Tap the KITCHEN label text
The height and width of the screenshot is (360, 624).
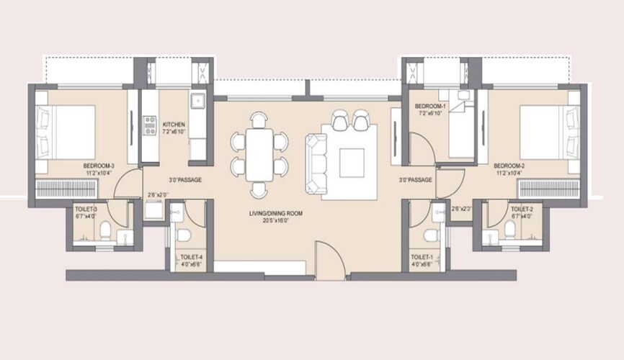(x=174, y=125)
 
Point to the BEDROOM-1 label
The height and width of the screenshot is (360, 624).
(x=430, y=107)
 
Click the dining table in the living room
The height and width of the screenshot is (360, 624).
(x=259, y=154)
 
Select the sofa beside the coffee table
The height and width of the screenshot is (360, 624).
(x=314, y=163)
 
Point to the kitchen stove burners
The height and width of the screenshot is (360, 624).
(x=150, y=126)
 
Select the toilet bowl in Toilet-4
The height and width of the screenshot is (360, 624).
(x=183, y=235)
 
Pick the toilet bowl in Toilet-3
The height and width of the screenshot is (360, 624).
(x=106, y=230)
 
